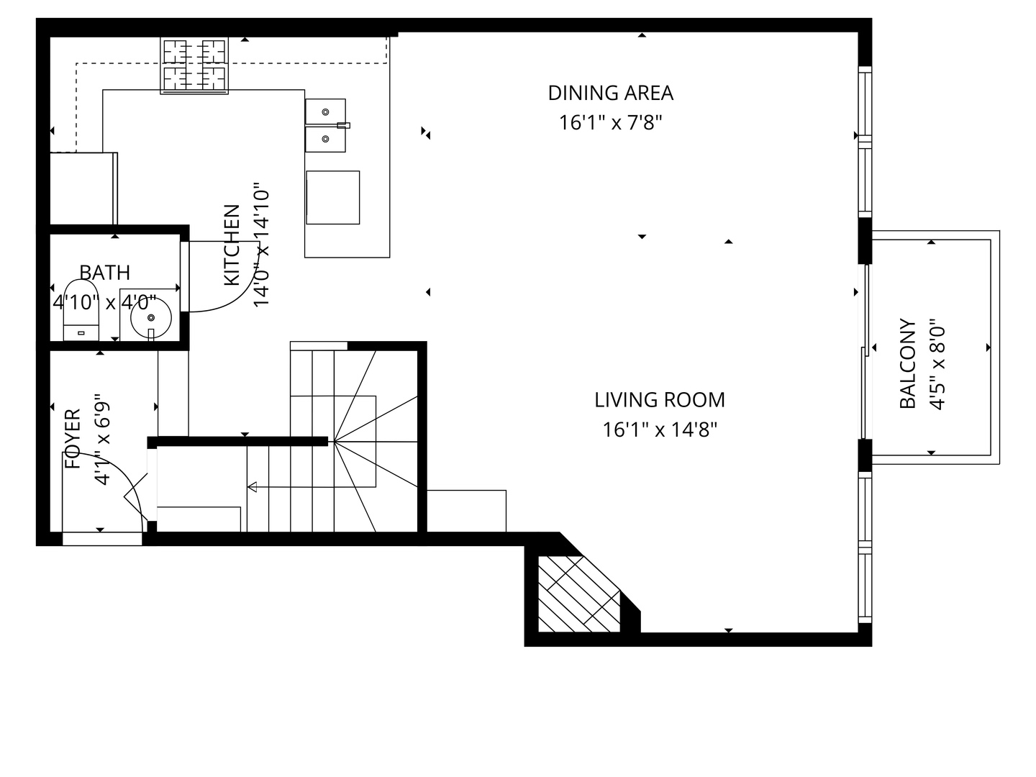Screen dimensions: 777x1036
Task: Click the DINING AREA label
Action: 610,93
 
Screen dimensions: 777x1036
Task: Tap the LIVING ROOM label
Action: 659,399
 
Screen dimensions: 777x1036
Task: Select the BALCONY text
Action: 908,364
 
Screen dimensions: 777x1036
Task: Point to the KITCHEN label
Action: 232,245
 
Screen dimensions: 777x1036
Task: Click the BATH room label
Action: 105,273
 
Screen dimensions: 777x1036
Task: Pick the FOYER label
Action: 73,439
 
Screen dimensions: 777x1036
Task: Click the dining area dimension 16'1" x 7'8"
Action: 610,123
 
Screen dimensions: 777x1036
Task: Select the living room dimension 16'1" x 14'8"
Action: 660,430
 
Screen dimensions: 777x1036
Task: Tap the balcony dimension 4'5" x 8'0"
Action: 936,364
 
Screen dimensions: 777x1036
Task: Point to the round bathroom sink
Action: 150,317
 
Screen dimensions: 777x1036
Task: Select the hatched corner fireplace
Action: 578,594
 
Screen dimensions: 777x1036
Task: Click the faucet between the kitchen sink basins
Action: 343,125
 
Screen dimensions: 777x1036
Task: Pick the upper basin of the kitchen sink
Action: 325,112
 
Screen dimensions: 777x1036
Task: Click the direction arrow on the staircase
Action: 253,488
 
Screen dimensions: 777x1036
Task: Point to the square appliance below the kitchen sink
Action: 332,198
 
